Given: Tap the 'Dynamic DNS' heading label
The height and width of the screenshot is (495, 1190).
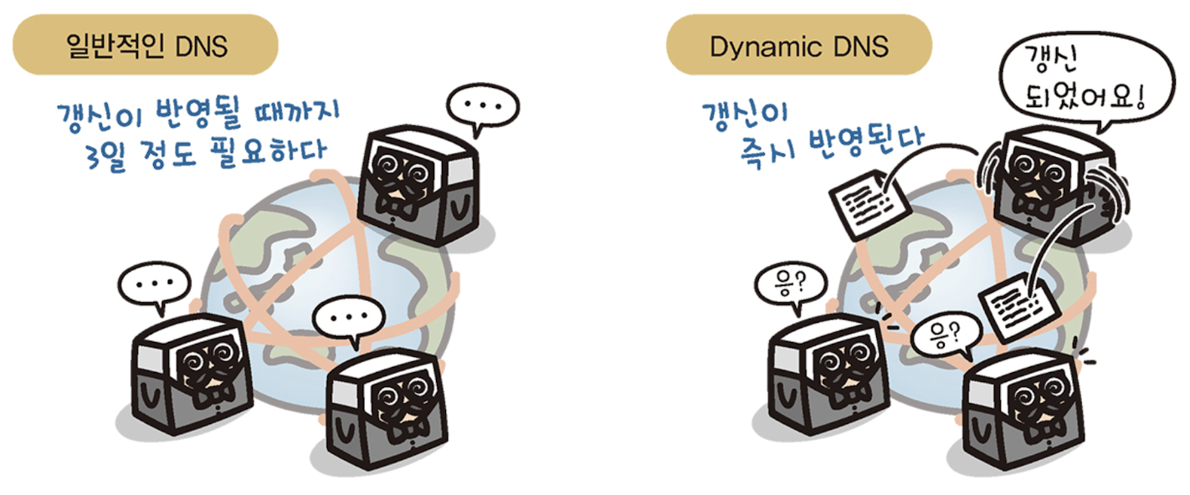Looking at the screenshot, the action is tap(798, 46).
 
